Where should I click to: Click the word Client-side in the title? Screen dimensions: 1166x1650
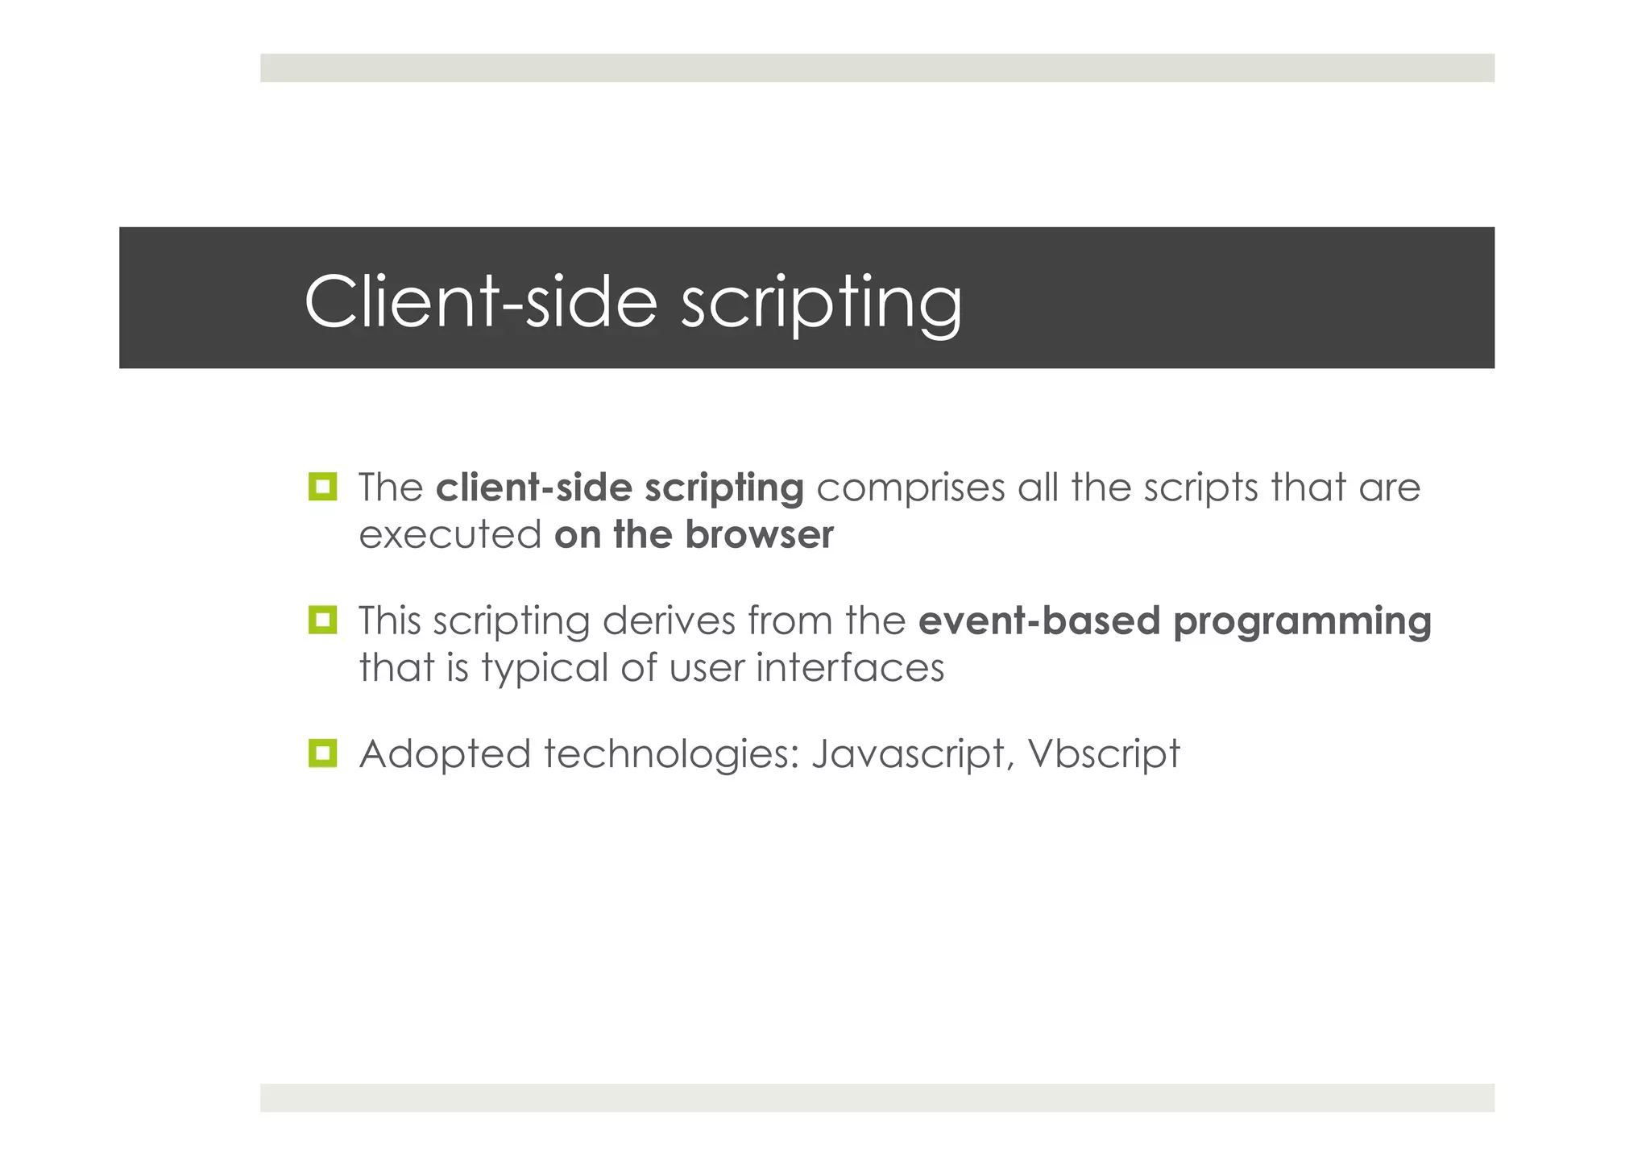(x=480, y=301)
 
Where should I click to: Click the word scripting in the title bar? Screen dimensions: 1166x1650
(x=821, y=305)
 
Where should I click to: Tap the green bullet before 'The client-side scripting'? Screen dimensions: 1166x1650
(x=322, y=487)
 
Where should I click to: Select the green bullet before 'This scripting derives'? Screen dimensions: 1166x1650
(x=322, y=620)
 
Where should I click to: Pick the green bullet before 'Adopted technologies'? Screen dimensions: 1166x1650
(x=322, y=753)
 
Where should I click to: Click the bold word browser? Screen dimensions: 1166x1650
(x=759, y=535)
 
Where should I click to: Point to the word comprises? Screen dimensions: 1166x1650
(x=910, y=488)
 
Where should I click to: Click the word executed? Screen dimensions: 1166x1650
(x=450, y=535)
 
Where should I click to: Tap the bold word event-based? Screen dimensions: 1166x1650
(x=1039, y=620)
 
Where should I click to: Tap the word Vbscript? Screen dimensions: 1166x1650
(x=1103, y=755)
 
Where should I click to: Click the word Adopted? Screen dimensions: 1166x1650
(x=445, y=755)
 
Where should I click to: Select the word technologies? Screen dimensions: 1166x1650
(x=671, y=755)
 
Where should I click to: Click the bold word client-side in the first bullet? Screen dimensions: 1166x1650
(x=534, y=488)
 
